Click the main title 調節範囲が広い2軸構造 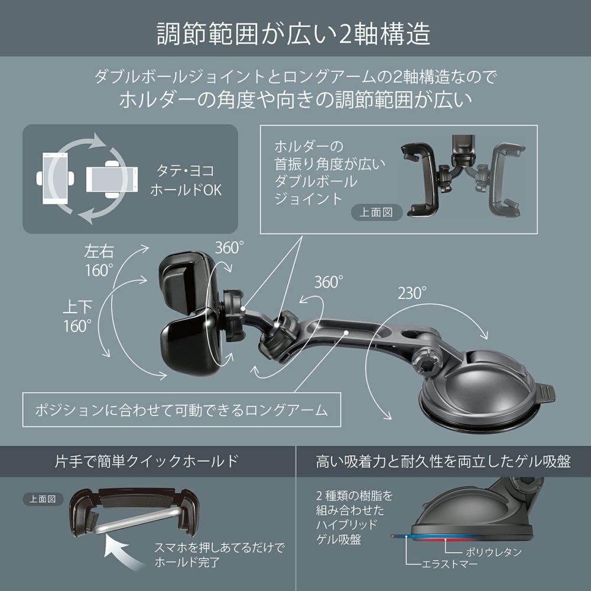click(294, 34)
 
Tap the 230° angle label click(412, 293)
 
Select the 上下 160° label click(78, 316)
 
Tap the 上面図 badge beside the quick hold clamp click(43, 498)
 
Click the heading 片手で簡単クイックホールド click(147, 462)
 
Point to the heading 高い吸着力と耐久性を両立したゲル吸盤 click(443, 462)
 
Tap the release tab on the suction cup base click(548, 392)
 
